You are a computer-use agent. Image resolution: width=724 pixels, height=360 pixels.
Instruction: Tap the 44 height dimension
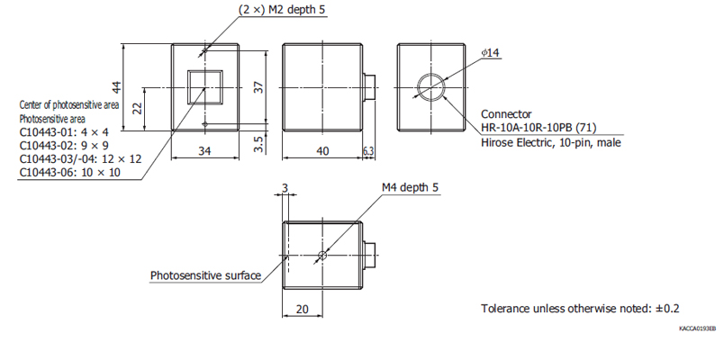[116, 87]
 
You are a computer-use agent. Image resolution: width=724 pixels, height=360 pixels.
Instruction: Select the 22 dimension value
[137, 107]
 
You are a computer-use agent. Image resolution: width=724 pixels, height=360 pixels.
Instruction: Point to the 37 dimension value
[259, 87]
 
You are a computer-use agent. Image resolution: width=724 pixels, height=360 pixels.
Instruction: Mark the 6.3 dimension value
[368, 151]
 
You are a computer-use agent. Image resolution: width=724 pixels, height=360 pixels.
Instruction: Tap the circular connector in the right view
[430, 87]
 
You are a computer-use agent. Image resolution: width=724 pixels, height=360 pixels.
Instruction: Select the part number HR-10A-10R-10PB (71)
[538, 128]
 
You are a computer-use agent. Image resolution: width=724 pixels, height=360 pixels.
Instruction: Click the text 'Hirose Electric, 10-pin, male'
[550, 142]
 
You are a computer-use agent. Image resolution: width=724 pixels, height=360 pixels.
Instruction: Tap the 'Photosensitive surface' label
[205, 275]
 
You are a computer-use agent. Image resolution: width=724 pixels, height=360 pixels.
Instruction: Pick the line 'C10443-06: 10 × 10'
[69, 172]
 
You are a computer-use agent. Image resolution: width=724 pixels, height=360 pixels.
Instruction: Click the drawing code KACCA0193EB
[698, 329]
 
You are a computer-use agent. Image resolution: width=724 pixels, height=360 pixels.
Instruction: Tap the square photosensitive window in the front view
[204, 87]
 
